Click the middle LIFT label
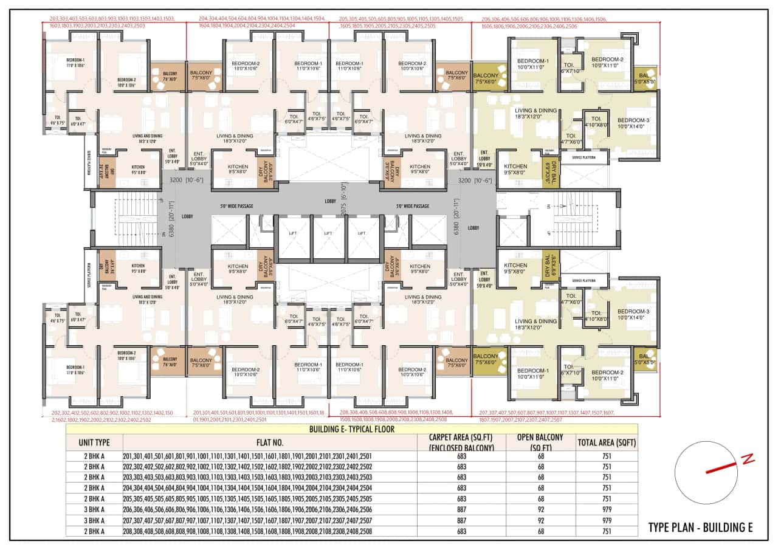(328, 233)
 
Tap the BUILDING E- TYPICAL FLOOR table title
(352, 428)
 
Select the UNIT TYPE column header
(94, 442)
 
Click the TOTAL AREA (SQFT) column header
(607, 442)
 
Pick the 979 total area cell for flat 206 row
(607, 509)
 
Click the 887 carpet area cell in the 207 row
(461, 520)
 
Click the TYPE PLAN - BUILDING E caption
(700, 527)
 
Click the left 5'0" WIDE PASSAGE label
(236, 206)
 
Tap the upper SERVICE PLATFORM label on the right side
(589, 157)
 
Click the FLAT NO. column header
(270, 442)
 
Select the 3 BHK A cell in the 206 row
(94, 509)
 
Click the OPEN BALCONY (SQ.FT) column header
(541, 442)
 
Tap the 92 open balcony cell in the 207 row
(541, 520)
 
